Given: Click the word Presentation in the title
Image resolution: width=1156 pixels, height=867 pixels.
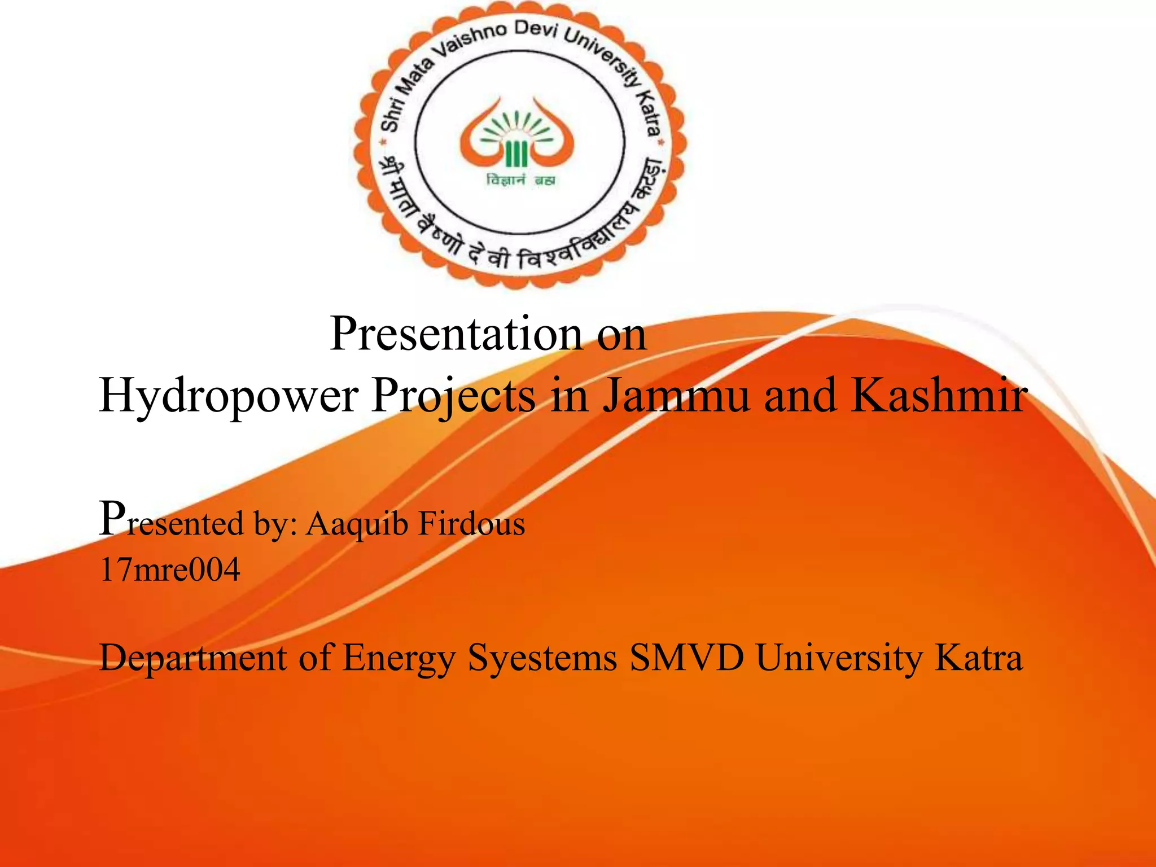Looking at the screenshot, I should click(x=456, y=335).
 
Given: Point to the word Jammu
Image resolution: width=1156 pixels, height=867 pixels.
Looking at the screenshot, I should click(x=676, y=395).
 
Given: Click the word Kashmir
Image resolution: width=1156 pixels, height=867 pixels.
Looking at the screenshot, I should click(x=939, y=395).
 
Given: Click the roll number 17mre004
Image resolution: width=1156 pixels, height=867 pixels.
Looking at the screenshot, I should click(x=170, y=569).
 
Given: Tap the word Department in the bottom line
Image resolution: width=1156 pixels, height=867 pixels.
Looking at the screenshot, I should click(x=193, y=658).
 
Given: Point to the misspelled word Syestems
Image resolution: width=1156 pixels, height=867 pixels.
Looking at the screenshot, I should click(x=542, y=658).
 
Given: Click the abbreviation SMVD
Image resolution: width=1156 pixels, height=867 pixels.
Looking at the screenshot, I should click(x=687, y=658).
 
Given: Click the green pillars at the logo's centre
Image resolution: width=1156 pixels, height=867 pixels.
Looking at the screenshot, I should click(x=516, y=154).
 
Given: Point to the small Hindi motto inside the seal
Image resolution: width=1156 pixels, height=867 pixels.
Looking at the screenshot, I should click(x=520, y=181).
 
